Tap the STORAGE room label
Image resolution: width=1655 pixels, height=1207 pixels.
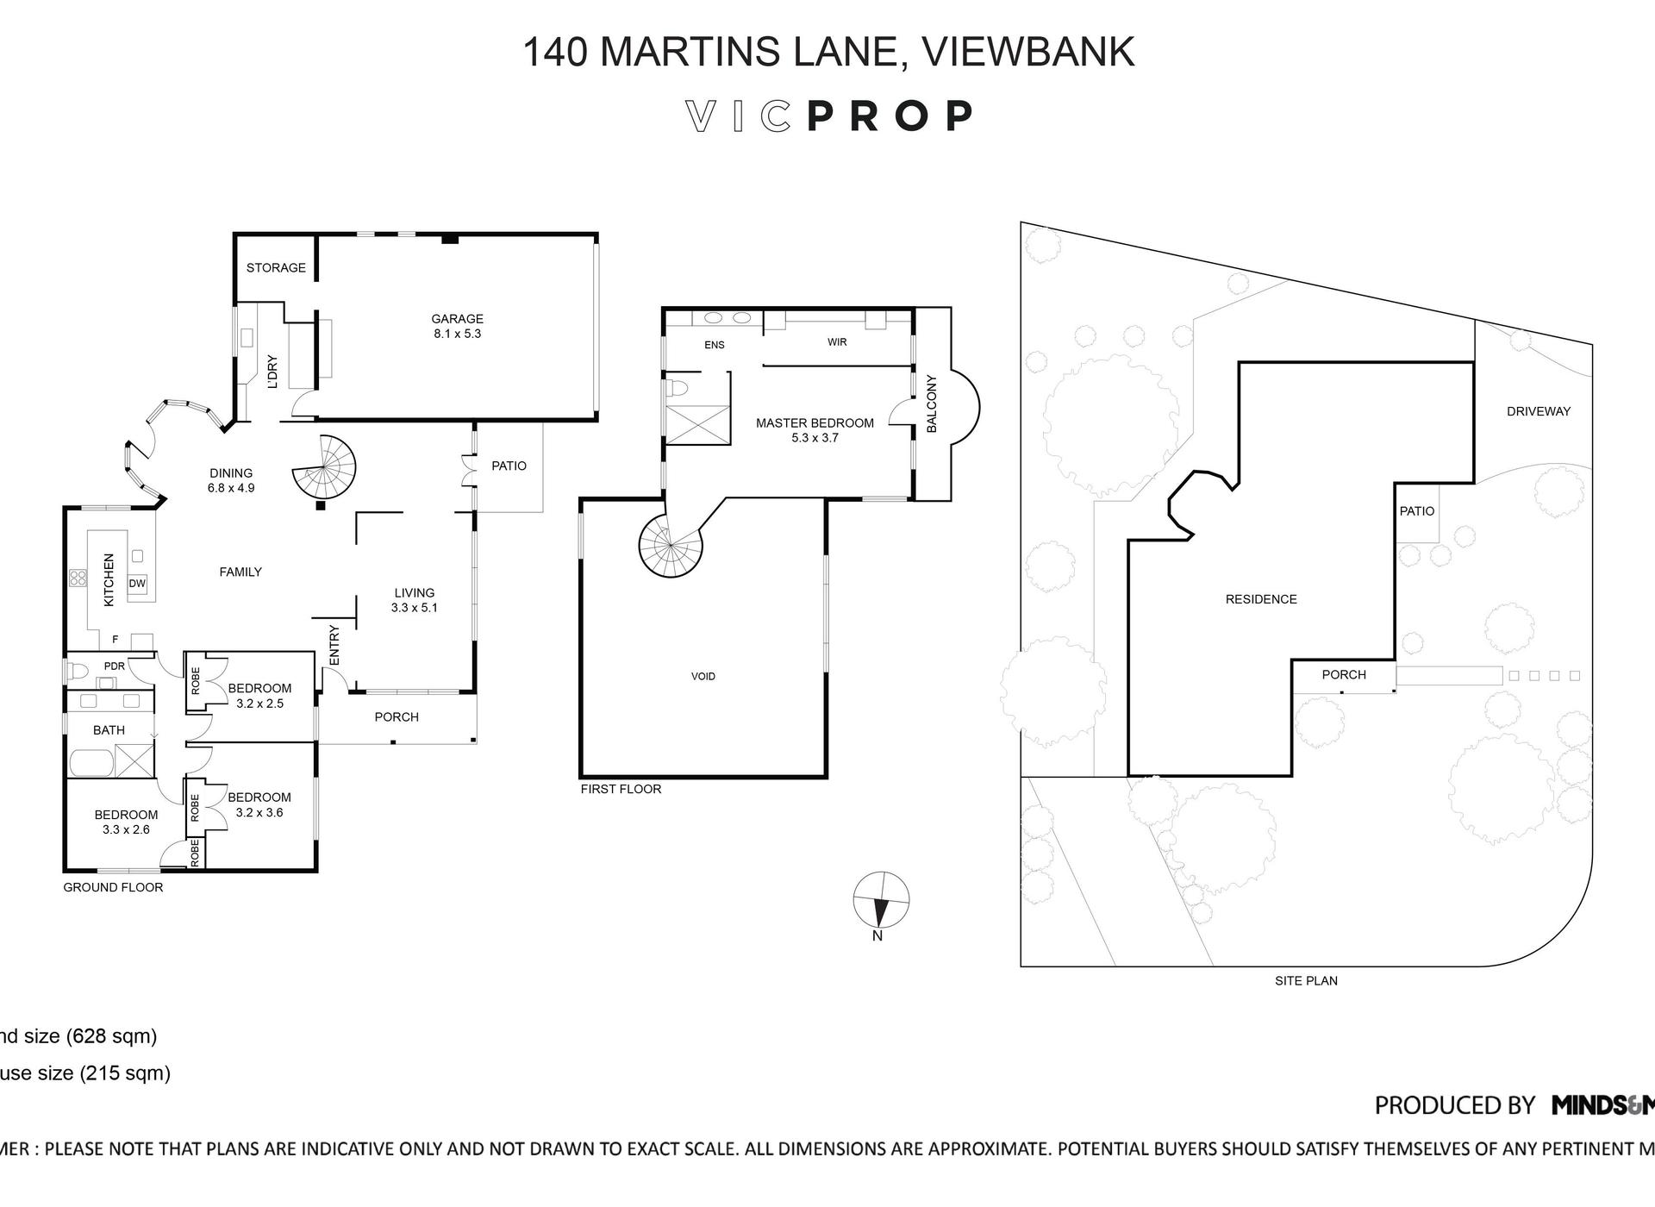click(x=276, y=267)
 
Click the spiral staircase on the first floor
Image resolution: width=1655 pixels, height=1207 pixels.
click(x=671, y=546)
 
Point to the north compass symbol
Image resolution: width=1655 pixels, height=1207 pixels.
click(x=880, y=901)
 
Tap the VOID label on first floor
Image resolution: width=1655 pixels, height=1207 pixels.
click(x=703, y=676)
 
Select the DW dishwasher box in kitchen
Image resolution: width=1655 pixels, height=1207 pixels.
click(x=137, y=584)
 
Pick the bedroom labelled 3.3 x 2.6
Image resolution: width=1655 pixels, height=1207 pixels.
click(x=126, y=822)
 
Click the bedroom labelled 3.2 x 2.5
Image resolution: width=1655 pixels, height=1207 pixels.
click(x=259, y=695)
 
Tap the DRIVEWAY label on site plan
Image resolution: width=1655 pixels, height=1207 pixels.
click(x=1538, y=411)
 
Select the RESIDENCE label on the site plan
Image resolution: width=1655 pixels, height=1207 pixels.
click(x=1260, y=599)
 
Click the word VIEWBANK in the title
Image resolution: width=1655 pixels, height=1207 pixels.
click(x=1027, y=52)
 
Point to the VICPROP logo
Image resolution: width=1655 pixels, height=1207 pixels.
click(x=829, y=116)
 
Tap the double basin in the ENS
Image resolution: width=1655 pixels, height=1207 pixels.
click(x=727, y=318)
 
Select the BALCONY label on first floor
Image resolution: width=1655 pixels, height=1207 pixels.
click(x=931, y=403)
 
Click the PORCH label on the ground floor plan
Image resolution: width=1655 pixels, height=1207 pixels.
click(x=397, y=716)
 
